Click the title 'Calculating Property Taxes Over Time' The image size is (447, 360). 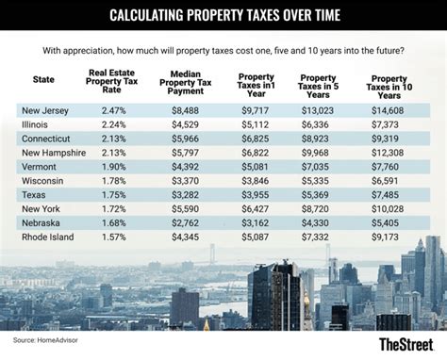(x=223, y=15)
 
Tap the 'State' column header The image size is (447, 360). (x=42, y=80)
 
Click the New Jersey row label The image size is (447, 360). (x=45, y=111)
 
